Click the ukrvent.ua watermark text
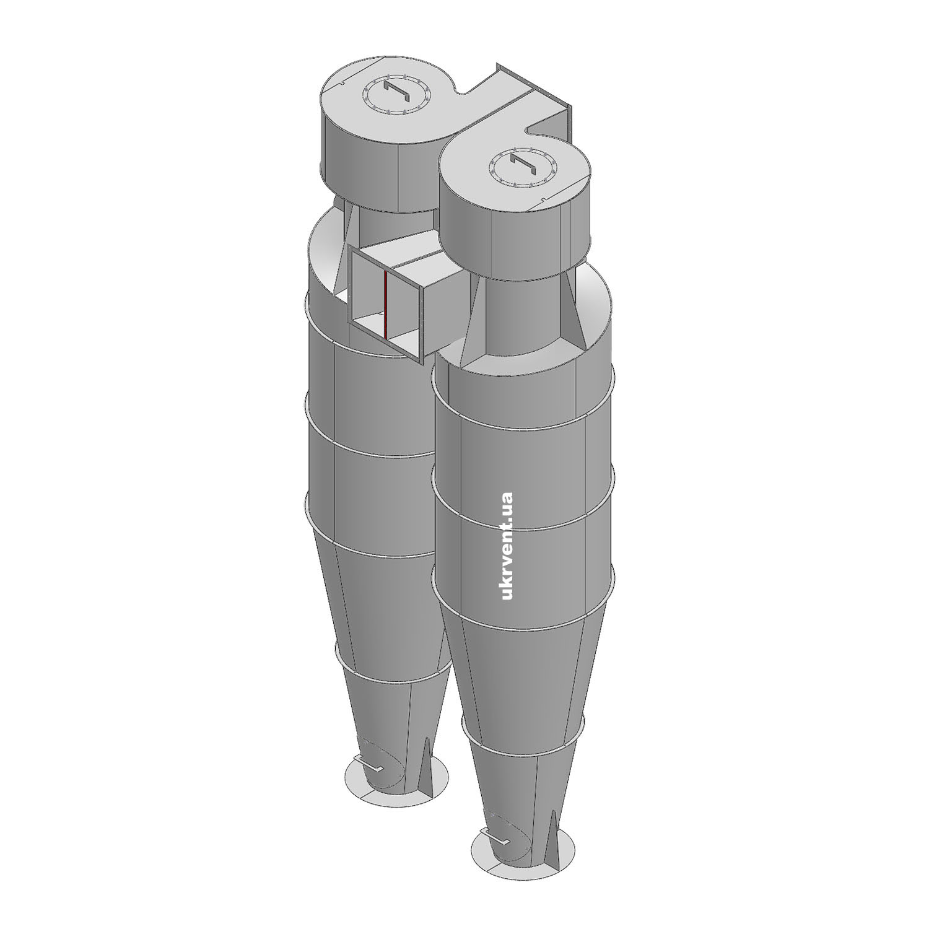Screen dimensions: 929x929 click(507, 546)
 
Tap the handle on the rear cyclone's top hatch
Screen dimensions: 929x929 click(396, 94)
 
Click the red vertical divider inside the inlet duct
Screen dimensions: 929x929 click(385, 304)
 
